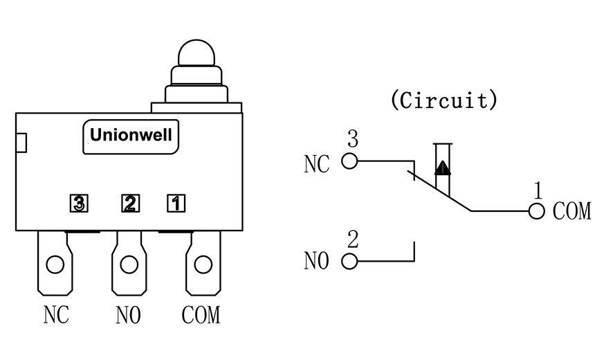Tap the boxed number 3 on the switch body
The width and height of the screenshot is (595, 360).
80,203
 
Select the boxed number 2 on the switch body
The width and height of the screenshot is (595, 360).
129,203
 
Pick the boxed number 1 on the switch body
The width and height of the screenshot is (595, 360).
176,203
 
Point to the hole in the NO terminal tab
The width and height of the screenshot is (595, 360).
129,264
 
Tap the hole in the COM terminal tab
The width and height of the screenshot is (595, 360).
203,264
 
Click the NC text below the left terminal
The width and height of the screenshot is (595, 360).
57,315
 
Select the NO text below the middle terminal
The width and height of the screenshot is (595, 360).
129,315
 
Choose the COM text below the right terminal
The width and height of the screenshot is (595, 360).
201,315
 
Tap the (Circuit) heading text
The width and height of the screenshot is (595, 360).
443,100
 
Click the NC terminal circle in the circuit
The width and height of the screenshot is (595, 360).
349,161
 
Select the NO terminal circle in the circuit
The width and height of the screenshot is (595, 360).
349,261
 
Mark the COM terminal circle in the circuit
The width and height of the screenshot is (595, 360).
536,210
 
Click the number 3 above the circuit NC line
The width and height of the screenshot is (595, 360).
352,140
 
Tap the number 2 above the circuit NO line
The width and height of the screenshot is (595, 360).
353,240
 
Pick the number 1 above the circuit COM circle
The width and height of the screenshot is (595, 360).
538,190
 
